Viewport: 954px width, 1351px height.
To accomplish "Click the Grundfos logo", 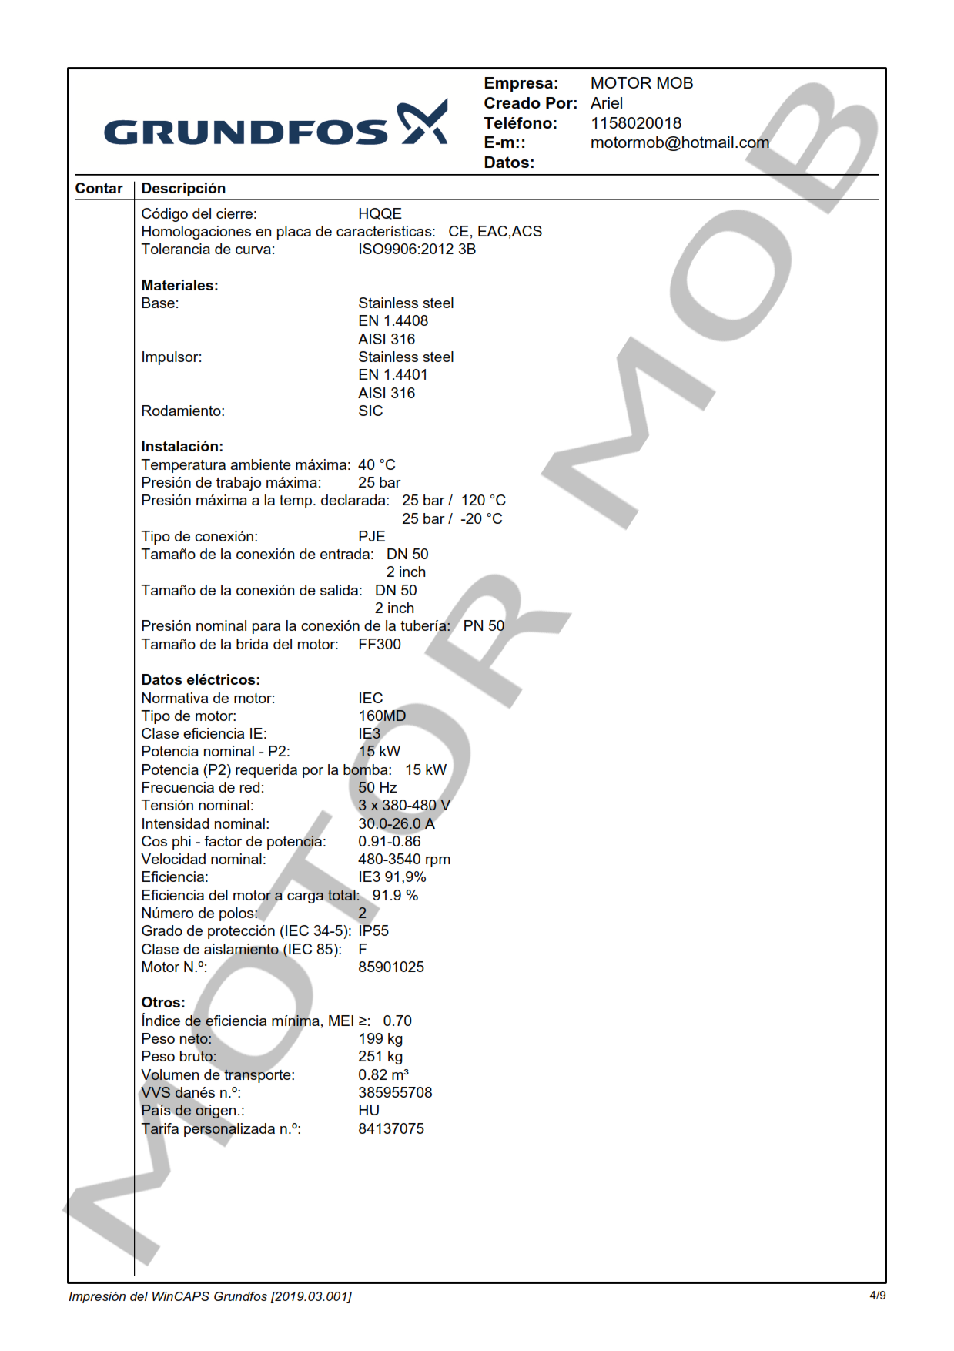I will point(275,124).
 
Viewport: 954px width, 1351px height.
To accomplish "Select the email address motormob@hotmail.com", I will point(679,142).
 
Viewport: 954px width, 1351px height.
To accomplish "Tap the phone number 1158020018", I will point(635,123).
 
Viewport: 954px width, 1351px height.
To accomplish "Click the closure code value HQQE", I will point(380,213).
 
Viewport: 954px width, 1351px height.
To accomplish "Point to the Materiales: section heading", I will point(179,285).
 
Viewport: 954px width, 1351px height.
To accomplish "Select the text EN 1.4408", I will point(393,320).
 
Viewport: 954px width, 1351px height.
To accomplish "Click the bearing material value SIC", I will point(370,411).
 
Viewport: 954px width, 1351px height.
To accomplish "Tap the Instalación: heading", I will point(182,446).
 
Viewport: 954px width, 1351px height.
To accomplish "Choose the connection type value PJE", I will point(371,536).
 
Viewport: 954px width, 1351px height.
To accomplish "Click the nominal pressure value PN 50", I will point(484,625).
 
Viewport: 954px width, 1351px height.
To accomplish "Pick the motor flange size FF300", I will point(379,644).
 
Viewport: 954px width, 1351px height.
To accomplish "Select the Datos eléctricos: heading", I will point(200,679).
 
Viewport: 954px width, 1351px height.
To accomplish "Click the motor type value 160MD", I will point(381,716).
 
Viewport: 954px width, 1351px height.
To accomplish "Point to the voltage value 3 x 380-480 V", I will point(403,805).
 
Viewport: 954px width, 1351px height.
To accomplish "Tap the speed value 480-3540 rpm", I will point(403,859).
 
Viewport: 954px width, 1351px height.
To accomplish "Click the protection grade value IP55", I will point(373,930).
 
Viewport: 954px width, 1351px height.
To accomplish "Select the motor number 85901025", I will point(390,967).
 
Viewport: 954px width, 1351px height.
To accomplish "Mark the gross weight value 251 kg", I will point(380,1056).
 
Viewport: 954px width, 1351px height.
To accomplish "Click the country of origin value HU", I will point(368,1110).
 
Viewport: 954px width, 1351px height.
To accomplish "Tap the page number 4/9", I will point(877,1296).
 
